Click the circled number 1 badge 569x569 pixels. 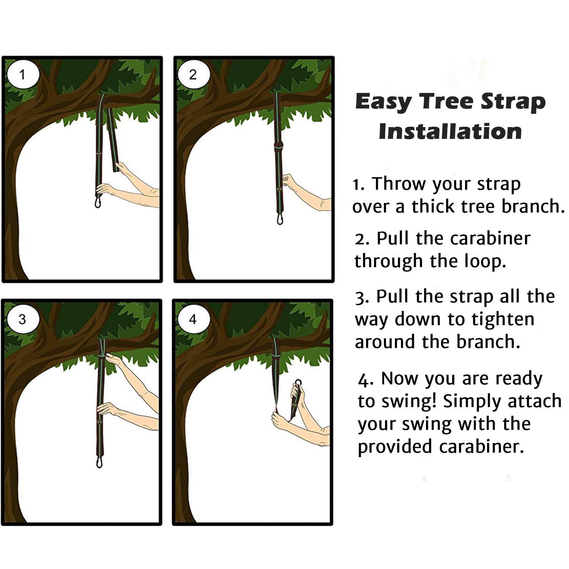pyautogui.click(x=23, y=75)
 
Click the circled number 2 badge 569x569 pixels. pyautogui.click(x=193, y=75)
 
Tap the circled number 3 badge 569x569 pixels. pyautogui.click(x=22, y=319)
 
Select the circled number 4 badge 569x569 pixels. pyautogui.click(x=193, y=319)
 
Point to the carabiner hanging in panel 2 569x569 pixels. pyautogui.click(x=280, y=219)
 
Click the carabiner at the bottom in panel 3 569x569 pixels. pyautogui.click(x=99, y=463)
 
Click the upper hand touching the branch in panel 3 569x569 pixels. pyautogui.click(x=112, y=358)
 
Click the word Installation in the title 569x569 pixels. pyautogui.click(x=450, y=132)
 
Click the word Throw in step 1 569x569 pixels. pyautogui.click(x=399, y=184)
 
